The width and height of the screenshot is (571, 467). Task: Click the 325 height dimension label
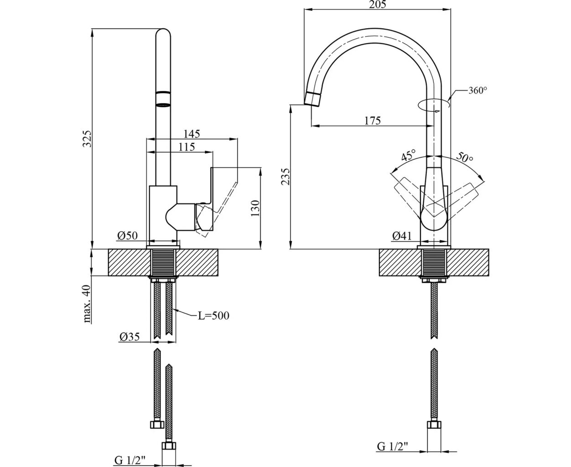coord(87,139)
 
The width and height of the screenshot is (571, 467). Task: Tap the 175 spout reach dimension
coord(372,120)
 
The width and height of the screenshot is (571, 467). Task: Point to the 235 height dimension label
coord(285,177)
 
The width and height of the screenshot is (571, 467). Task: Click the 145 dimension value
coord(192,134)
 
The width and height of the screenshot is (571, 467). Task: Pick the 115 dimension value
coord(186,147)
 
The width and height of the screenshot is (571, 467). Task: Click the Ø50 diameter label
coord(127,236)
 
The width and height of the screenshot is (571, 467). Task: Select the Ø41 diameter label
coord(401,236)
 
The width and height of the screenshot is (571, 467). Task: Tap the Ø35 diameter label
coord(129,337)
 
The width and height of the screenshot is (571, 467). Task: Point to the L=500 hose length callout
coord(213,316)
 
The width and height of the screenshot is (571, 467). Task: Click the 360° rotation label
coord(478,90)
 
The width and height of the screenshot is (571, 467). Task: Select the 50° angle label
coord(464,158)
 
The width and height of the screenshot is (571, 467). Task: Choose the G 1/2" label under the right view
coord(392,446)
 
